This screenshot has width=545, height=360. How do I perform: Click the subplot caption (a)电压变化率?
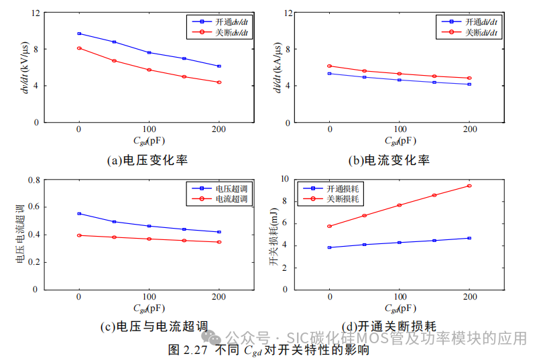(147, 160)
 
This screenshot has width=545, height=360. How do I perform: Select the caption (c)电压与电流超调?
(154, 326)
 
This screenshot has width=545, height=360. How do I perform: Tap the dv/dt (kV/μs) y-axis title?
(25, 68)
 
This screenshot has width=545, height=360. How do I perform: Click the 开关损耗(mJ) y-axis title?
(274, 235)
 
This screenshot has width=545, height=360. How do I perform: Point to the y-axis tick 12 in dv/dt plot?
(36, 13)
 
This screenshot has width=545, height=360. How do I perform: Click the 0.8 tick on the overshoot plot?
(33, 180)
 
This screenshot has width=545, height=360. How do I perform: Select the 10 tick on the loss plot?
(284, 179)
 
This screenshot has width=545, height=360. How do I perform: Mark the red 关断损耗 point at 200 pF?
(469, 186)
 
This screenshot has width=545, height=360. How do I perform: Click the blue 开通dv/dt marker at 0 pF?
(79, 34)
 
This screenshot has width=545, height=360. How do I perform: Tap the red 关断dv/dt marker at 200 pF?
(219, 82)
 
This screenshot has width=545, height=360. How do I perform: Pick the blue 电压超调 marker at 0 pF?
(79, 214)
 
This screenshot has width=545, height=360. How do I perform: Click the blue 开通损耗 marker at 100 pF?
(400, 243)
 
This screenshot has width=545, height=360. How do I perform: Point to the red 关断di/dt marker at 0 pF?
(329, 66)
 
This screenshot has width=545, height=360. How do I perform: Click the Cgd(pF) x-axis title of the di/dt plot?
(400, 141)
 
